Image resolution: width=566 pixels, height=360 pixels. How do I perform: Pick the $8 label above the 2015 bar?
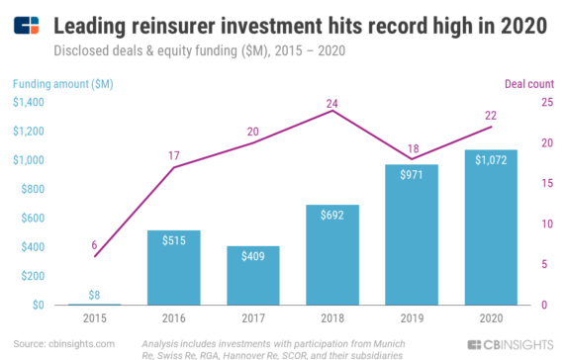[94, 294]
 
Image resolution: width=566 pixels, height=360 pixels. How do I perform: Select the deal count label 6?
[94, 244]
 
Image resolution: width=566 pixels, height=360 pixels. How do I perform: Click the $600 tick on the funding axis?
[34, 218]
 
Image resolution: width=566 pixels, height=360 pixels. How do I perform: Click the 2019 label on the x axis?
[411, 318]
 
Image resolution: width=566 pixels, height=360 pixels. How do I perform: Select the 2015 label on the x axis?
[94, 318]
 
